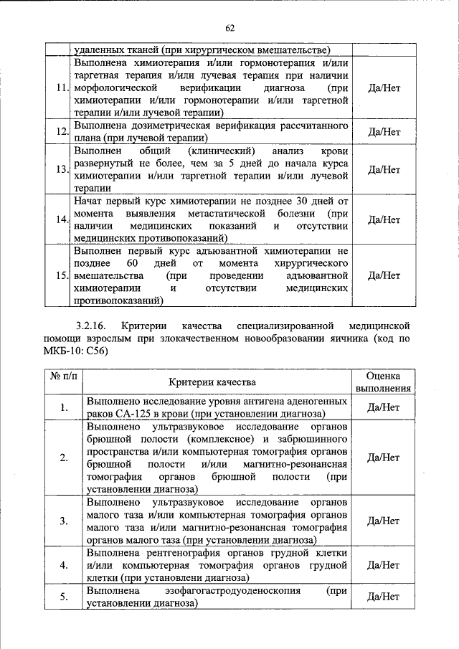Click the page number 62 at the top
[x=229, y=28]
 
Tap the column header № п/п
[x=63, y=376]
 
